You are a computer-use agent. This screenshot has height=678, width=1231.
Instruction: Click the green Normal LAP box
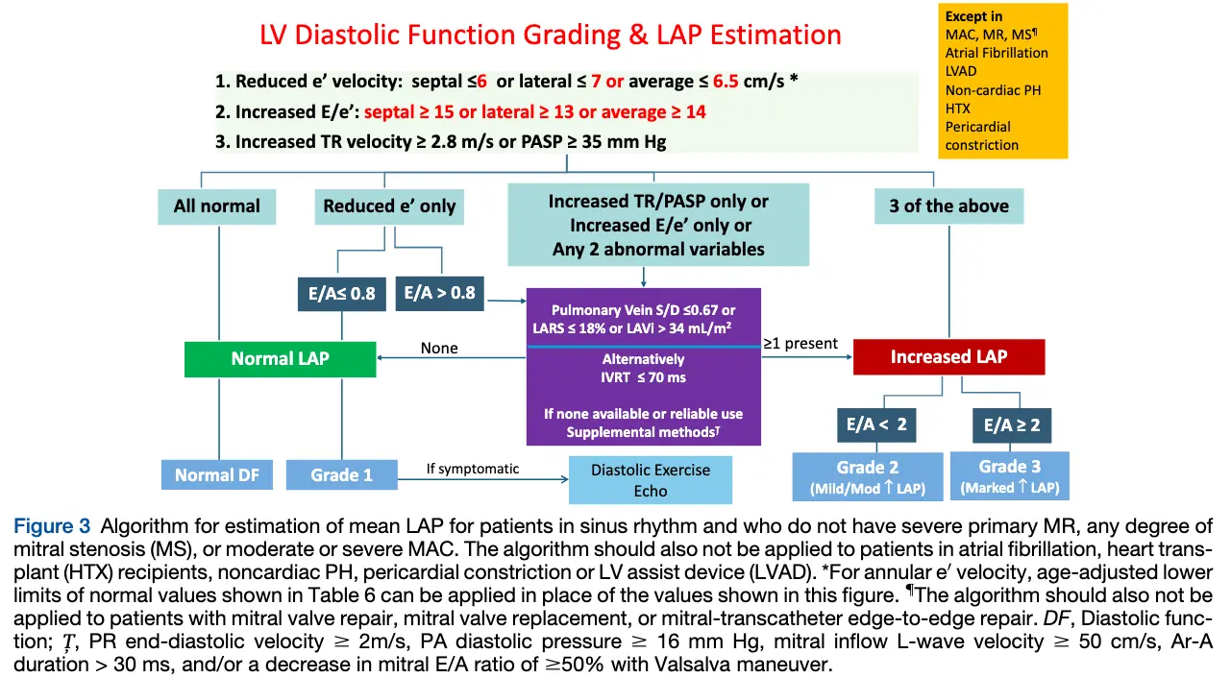(x=280, y=358)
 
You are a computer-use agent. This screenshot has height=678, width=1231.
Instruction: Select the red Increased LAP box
(x=948, y=357)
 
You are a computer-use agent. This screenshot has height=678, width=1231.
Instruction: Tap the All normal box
(x=216, y=206)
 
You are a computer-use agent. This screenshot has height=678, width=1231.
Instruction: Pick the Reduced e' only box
(x=389, y=206)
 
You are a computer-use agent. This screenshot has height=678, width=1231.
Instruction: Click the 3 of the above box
(x=948, y=206)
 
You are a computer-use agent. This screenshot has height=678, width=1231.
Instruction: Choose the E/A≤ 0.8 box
(x=336, y=293)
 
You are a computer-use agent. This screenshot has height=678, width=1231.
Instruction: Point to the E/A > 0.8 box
(x=439, y=293)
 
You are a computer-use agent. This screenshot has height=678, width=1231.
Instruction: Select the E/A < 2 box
(x=875, y=424)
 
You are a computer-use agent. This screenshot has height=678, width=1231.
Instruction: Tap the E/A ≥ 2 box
(x=1011, y=424)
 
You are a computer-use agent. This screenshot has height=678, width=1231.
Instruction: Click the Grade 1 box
(x=341, y=474)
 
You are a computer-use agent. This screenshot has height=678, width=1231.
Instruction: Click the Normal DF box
(x=217, y=474)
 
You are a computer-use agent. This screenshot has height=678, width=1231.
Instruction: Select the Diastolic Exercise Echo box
(x=650, y=480)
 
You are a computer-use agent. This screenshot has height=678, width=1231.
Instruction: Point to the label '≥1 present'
(x=800, y=343)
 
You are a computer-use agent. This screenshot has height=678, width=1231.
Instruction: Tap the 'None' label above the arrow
(x=439, y=348)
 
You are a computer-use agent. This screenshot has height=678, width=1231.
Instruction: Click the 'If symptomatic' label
(x=473, y=469)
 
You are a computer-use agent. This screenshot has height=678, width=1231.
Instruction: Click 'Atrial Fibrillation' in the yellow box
(x=997, y=53)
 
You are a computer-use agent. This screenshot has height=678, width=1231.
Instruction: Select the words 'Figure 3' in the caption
(x=52, y=526)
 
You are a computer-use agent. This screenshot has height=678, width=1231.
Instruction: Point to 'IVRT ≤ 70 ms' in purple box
(x=643, y=377)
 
